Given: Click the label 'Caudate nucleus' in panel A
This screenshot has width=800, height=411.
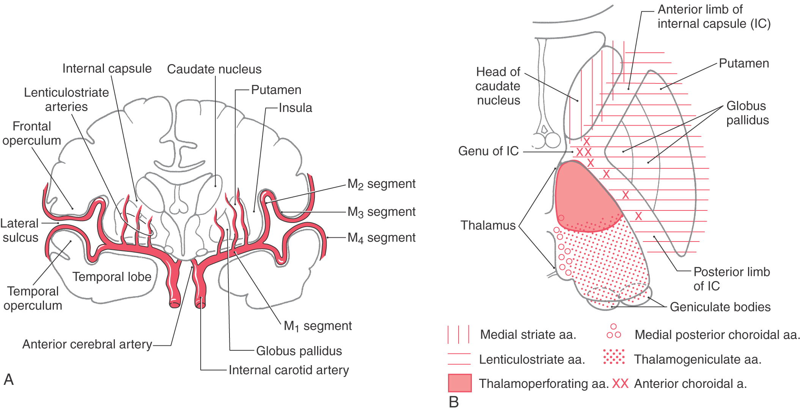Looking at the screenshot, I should (214, 69).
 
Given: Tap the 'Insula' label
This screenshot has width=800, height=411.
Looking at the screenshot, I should (295, 108).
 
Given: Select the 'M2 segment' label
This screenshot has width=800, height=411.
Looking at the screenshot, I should (381, 184).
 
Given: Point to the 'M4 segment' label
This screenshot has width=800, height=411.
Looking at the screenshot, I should (381, 238).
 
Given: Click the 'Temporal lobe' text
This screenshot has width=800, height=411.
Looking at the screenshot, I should (112, 277).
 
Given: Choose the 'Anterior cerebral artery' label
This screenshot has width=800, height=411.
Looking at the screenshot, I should (87, 344).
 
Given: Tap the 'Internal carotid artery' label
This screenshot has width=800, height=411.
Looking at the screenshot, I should (289, 370).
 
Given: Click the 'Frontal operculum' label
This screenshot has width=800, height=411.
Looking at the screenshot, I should (32, 133).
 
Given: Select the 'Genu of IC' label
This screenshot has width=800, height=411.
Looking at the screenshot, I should (488, 151).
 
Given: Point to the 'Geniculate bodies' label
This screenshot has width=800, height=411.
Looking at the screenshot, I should (720, 307).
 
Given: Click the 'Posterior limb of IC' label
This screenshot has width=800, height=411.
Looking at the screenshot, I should (731, 279).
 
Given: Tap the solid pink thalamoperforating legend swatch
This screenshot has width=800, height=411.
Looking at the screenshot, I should (459, 383).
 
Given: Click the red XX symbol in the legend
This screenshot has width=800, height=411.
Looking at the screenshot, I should (620, 384).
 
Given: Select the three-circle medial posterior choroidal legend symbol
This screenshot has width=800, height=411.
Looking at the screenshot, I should (613, 332).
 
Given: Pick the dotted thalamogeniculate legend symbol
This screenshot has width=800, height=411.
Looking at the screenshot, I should (614, 357).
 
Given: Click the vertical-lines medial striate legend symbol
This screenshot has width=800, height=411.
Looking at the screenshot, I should (459, 334).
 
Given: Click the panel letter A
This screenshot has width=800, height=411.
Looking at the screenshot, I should (8, 380).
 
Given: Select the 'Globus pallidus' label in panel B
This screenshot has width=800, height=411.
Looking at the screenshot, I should (747, 113).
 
